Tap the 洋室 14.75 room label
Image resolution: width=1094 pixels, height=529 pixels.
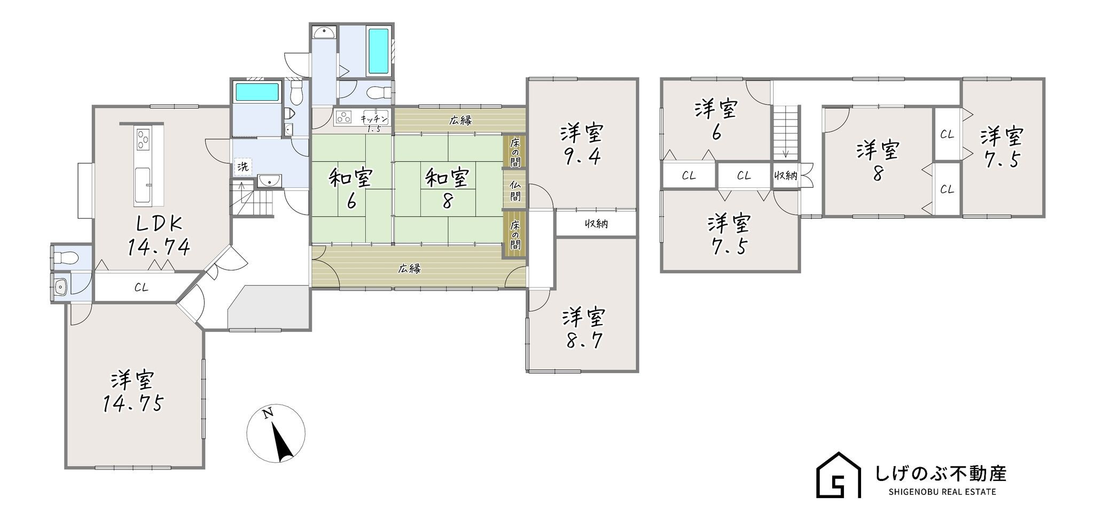pos(133,392)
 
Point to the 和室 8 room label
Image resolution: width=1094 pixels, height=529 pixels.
pos(448,188)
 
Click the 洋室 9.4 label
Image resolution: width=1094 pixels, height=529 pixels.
pos(582,145)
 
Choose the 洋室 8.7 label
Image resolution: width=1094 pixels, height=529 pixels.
pos(584,329)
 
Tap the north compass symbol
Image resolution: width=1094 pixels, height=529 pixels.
pos(276,432)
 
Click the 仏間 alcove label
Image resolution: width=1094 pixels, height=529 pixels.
pos(515,191)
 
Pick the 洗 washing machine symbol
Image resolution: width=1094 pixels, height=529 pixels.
pos(243,167)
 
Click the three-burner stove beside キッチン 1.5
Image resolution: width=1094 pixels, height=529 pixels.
pos(345,117)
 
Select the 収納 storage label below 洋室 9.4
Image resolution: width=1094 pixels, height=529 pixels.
pos(596,224)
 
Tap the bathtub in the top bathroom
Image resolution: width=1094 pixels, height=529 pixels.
pos(379,52)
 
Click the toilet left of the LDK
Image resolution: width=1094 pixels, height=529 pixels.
pos(65,258)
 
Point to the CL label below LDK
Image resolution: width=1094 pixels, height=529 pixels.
pos(141,288)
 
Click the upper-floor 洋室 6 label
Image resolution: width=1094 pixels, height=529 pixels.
pos(716,121)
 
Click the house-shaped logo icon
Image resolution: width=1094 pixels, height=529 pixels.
pos(838,475)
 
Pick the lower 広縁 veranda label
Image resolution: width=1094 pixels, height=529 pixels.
pos(409,269)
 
